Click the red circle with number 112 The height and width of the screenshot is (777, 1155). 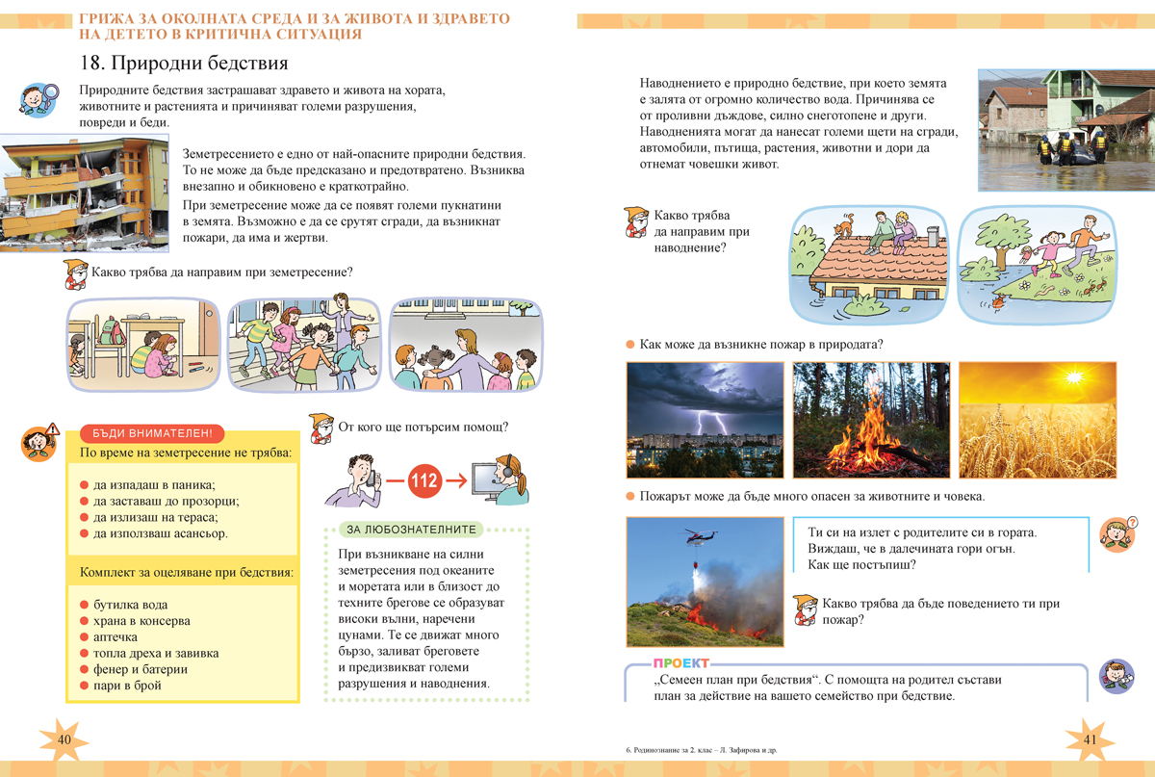(427, 479)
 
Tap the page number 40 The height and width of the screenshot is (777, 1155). (65, 738)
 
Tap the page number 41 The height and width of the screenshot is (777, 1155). (1091, 738)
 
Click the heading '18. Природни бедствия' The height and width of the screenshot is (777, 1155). (185, 65)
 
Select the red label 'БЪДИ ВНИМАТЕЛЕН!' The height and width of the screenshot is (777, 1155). (153, 434)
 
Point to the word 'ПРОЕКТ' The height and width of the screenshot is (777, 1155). (680, 663)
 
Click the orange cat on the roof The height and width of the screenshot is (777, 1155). (844, 228)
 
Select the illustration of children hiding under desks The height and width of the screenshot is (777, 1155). (143, 344)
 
